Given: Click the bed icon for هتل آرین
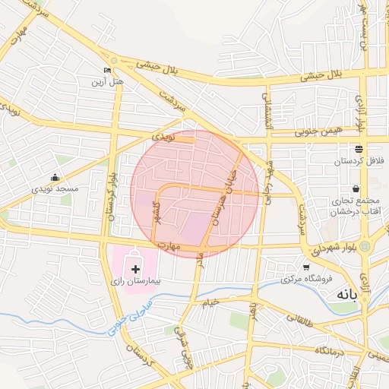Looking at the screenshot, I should [x=107, y=70].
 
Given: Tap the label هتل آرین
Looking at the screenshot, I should [x=107, y=81].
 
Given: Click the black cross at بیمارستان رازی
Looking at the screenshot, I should [x=136, y=269].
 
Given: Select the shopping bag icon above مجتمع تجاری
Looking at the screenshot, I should [x=356, y=189].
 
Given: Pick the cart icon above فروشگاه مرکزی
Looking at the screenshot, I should [x=306, y=267].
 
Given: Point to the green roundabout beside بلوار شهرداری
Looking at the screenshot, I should [x=365, y=247].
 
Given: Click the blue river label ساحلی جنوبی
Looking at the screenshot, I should [x=130, y=318].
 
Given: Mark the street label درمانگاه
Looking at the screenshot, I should [x=332, y=349].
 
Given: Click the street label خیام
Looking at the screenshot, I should [x=210, y=303].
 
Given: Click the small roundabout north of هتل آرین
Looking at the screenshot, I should [x=114, y=60].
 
